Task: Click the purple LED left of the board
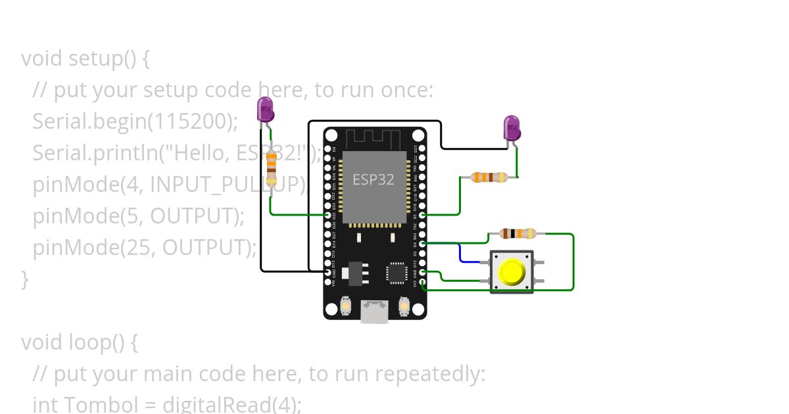pyautogui.click(x=265, y=109)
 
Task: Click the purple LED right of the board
pyautogui.click(x=512, y=128)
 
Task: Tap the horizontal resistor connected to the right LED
pyautogui.click(x=490, y=177)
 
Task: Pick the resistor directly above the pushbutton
pyautogui.click(x=518, y=233)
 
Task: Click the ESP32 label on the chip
pyautogui.click(x=373, y=179)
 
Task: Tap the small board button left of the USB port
pyautogui.click(x=346, y=306)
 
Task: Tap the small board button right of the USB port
pyautogui.click(x=404, y=306)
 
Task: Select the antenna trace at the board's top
pyautogui.click(x=373, y=139)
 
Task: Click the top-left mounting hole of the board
pyautogui.click(x=332, y=136)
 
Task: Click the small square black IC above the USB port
pyautogui.click(x=397, y=273)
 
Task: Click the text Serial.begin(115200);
pyautogui.click(x=135, y=121)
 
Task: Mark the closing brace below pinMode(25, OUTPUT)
pyautogui.click(x=25, y=279)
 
